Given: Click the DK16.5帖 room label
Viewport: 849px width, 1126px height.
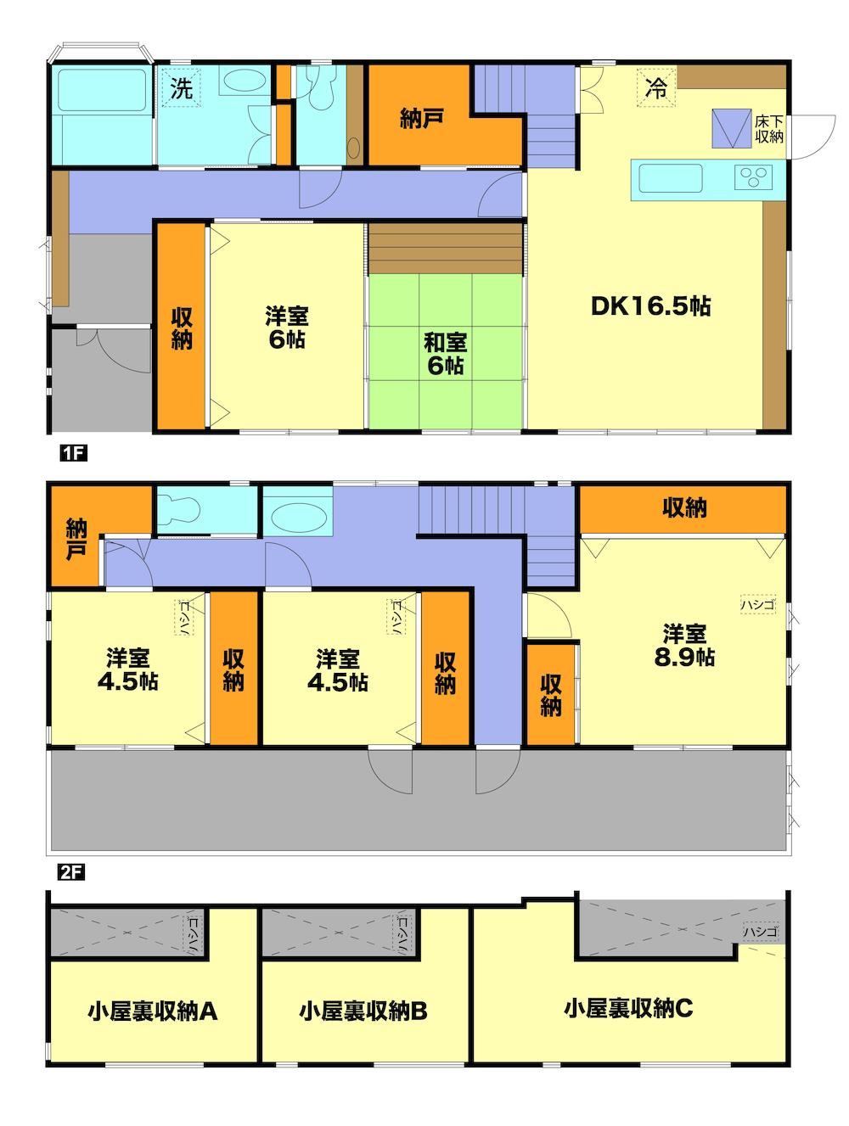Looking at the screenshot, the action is pyautogui.click(x=651, y=306).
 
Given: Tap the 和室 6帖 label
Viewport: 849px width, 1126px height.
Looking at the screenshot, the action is pyautogui.click(x=445, y=354).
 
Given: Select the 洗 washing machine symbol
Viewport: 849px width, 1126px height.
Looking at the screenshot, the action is pyautogui.click(x=181, y=88).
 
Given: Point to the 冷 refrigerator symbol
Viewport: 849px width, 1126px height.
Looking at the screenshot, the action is pyautogui.click(x=655, y=88).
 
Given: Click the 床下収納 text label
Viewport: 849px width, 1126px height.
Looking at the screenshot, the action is pyautogui.click(x=769, y=129).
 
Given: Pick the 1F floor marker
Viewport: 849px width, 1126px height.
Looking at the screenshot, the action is pyautogui.click(x=73, y=453).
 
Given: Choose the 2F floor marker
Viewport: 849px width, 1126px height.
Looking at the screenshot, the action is pyautogui.click(x=71, y=872).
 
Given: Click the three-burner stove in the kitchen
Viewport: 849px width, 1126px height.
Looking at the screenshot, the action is pyautogui.click(x=752, y=177).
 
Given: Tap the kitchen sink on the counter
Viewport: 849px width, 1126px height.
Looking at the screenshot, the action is pyautogui.click(x=670, y=178).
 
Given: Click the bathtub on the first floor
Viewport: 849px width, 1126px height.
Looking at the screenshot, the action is pyautogui.click(x=102, y=90).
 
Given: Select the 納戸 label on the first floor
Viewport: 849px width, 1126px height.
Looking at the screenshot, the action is pyautogui.click(x=421, y=119).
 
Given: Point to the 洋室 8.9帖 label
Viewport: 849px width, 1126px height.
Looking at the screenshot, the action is pyautogui.click(x=683, y=645).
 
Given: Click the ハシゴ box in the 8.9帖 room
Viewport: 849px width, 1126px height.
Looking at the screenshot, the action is pyautogui.click(x=757, y=604).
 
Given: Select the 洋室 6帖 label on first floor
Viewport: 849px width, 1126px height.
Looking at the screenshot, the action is pyautogui.click(x=287, y=328).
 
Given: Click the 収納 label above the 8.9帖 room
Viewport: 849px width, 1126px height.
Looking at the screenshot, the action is pyautogui.click(x=683, y=507).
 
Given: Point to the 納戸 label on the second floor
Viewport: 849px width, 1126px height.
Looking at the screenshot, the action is pyautogui.click(x=76, y=539).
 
